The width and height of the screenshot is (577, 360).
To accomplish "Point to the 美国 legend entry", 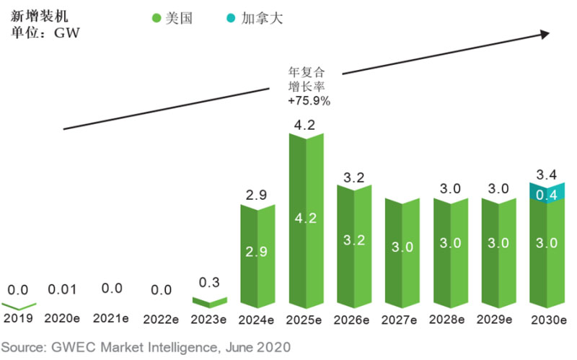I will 173,18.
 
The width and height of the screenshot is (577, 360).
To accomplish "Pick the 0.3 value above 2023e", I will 210,281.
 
